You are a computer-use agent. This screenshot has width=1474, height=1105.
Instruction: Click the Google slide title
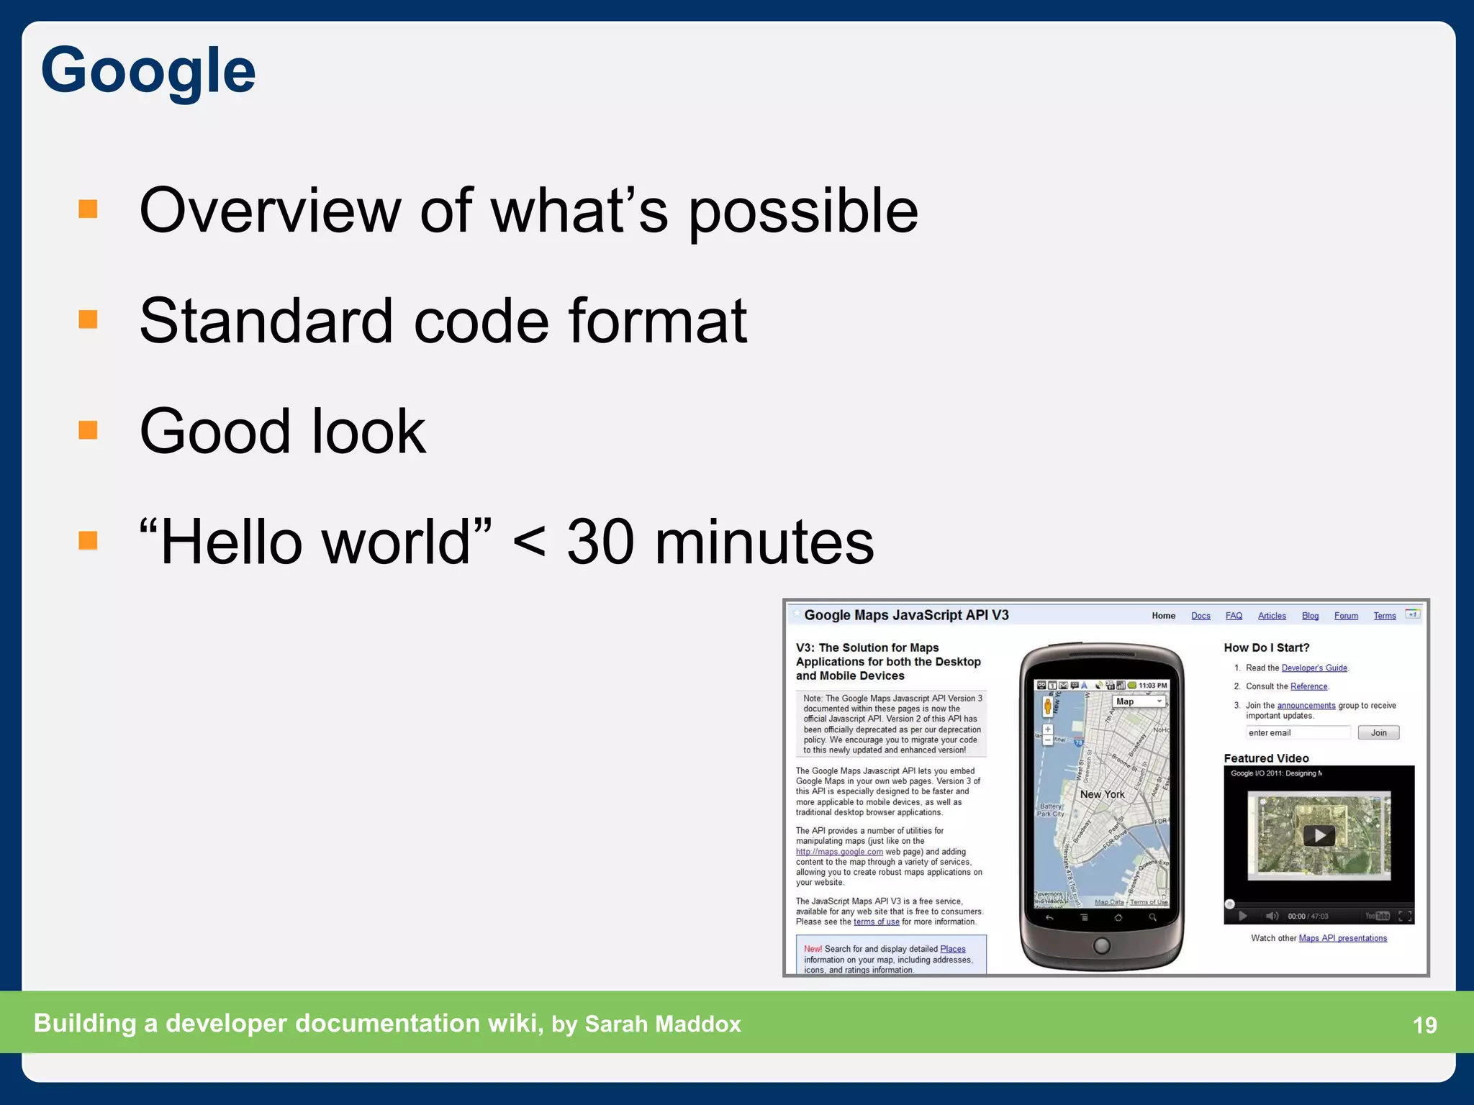click(148, 71)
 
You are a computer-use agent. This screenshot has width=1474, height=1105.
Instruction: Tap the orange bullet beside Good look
click(88, 430)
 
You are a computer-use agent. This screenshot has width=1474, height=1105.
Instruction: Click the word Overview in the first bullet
click(269, 211)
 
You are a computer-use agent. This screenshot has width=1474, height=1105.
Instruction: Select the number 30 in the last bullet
click(600, 542)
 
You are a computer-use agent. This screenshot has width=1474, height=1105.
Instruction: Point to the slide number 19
click(1424, 1024)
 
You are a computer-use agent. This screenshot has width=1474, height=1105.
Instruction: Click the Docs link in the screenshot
click(1201, 616)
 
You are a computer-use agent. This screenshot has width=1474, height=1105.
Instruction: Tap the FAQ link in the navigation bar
click(1234, 616)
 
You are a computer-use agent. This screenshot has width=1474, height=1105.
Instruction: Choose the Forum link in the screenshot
click(1346, 616)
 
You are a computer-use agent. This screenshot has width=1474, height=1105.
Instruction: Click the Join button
click(1378, 732)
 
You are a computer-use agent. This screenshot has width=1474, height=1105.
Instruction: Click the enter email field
click(1298, 732)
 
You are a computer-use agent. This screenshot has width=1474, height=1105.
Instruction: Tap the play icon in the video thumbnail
click(1319, 835)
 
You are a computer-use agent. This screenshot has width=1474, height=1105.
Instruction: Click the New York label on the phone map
click(1102, 794)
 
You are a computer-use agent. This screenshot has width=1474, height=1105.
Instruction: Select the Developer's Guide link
click(1314, 668)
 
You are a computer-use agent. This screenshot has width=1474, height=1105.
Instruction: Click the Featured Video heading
click(1266, 758)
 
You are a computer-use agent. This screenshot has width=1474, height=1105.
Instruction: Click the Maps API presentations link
click(1342, 938)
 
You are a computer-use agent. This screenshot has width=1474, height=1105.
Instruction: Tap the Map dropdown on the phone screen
click(1139, 701)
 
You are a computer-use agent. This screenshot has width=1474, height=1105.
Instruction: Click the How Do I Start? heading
click(1266, 647)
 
